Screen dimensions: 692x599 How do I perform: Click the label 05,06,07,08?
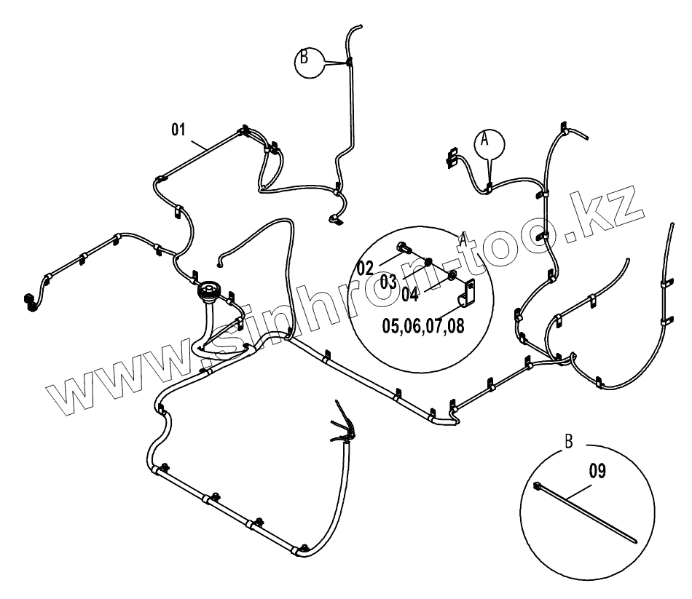point(422,325)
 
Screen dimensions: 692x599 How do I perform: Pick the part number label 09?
point(597,470)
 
